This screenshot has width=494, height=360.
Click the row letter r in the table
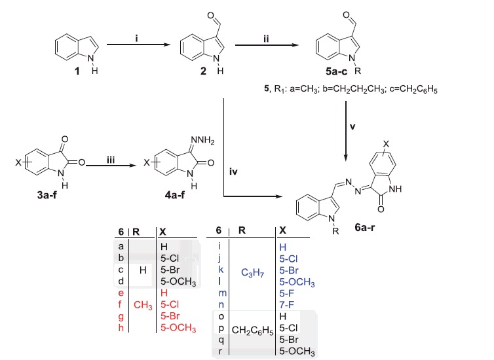219,351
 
